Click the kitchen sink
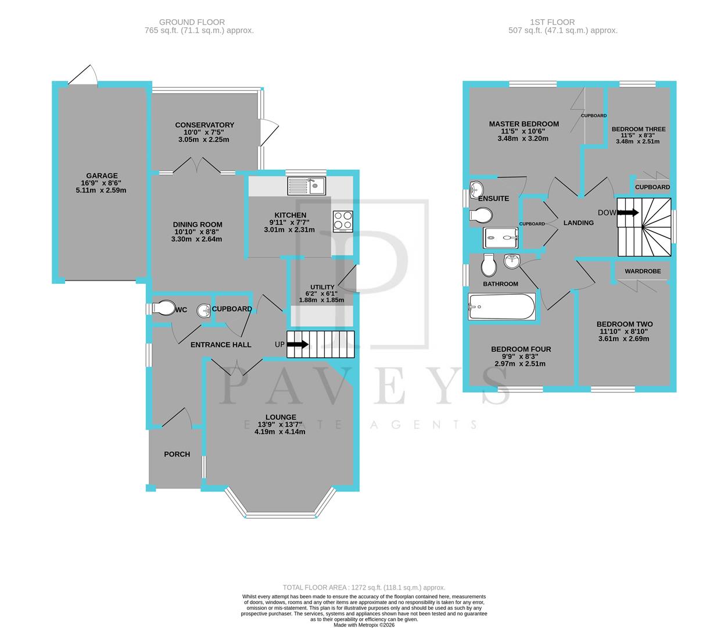tap(307, 186)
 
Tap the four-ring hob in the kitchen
tap(342, 222)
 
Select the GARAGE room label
tap(102, 176)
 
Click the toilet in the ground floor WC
tap(162, 308)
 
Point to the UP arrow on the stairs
tap(297, 344)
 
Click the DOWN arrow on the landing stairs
tap(627, 213)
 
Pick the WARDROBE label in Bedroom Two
tap(642, 271)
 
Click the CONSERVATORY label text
tap(205, 125)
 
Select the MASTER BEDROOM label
tap(523, 124)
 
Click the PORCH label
tap(177, 454)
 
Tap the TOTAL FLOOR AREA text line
tap(364, 588)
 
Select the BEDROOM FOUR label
tap(521, 349)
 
